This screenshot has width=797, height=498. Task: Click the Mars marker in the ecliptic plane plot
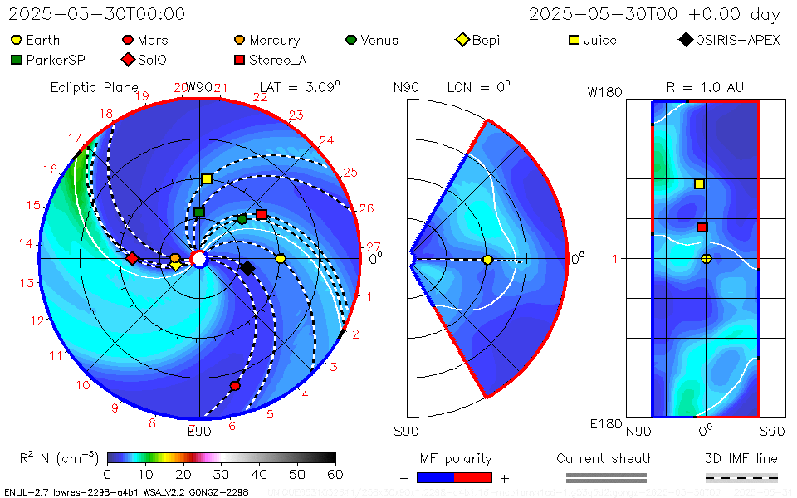tap(235, 386)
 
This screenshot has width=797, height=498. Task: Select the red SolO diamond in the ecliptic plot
tap(132, 259)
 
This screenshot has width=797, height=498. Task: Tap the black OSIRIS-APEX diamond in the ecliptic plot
tap(247, 268)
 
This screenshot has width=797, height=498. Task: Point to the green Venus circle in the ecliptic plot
tap(242, 219)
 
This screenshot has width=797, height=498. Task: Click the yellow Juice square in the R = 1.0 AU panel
tap(700, 184)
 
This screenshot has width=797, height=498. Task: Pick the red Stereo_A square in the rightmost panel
tap(702, 227)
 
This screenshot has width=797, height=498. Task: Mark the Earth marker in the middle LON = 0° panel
tap(487, 260)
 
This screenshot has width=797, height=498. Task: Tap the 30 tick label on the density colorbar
tap(221, 475)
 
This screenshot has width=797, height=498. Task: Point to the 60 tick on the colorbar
tap(335, 475)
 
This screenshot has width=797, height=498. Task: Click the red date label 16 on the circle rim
tap(51, 169)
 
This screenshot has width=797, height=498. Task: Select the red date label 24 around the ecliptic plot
tap(326, 141)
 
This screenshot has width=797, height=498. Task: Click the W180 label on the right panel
tap(604, 93)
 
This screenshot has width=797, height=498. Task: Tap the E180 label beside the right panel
tap(605, 424)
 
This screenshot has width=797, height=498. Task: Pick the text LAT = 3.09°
tap(300, 87)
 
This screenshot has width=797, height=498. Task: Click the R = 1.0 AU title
tap(705, 87)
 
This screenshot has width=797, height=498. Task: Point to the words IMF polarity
tap(454, 458)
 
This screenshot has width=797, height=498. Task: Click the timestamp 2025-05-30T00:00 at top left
tap(97, 14)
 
